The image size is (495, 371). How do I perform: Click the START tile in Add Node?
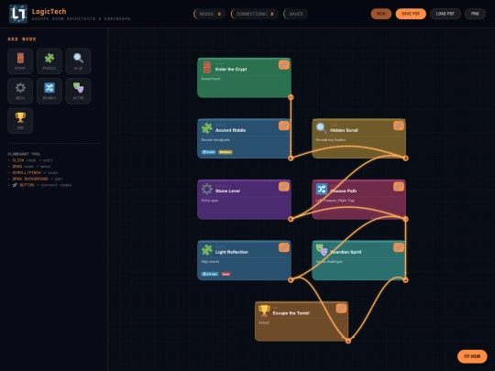click(20, 61)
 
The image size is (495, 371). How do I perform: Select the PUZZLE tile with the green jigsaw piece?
click(49, 61)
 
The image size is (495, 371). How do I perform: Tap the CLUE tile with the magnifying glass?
click(78, 61)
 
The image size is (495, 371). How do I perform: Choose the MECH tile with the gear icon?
click(20, 91)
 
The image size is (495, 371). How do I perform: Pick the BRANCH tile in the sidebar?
click(49, 91)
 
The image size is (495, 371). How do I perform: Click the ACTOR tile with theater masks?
click(78, 91)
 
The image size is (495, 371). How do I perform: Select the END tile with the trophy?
click(20, 120)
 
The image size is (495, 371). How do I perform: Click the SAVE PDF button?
click(409, 14)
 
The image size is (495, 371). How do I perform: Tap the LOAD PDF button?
click(444, 14)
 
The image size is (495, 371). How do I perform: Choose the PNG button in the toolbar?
click(475, 14)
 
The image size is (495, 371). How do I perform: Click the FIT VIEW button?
click(472, 356)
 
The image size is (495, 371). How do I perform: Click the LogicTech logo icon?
click(17, 14)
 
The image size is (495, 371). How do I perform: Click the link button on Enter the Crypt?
click(284, 65)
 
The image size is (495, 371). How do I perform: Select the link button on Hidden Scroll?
click(399, 125)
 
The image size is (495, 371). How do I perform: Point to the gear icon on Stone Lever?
click(207, 190)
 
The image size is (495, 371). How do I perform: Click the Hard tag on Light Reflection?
click(225, 274)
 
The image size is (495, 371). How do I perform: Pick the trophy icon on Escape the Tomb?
click(265, 311)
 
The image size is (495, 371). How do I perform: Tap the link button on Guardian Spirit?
click(399, 247)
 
